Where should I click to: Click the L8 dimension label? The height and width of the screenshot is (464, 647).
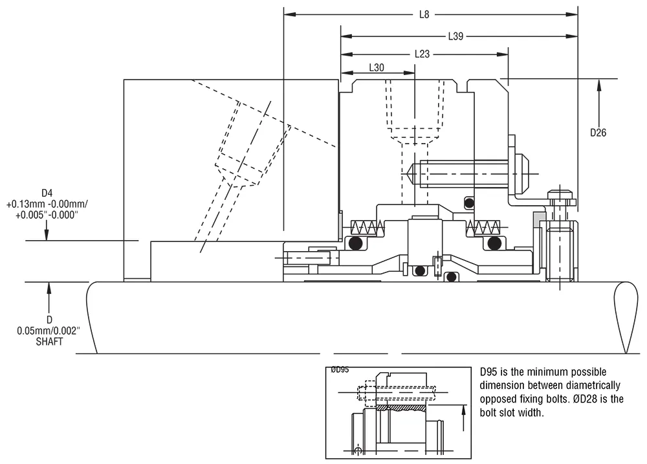[x=424, y=14]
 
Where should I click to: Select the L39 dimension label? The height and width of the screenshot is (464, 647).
[x=455, y=36]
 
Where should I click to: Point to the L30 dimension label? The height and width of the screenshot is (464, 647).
[x=376, y=67]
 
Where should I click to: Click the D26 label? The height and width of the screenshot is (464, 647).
[x=598, y=132]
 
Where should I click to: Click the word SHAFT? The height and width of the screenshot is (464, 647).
[x=49, y=342]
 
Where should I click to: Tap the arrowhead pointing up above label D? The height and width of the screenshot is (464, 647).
[x=48, y=287]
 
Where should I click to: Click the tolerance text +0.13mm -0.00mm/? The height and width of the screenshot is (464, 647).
[x=47, y=204]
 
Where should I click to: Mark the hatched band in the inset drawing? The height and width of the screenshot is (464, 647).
[x=401, y=408]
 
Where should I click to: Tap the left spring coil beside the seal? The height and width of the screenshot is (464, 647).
[x=362, y=227]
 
